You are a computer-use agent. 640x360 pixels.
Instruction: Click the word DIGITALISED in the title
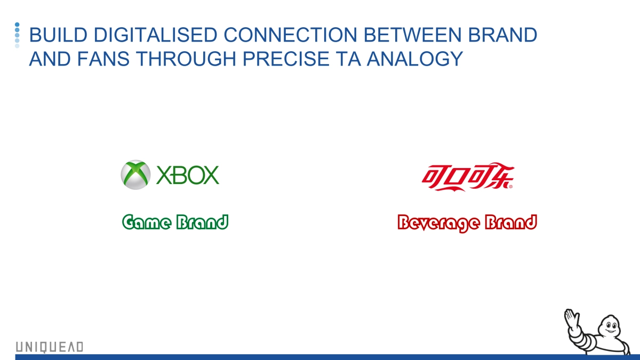155,35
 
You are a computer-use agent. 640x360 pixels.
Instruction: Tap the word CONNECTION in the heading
290,35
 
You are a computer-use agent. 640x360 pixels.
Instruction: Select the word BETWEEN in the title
412,35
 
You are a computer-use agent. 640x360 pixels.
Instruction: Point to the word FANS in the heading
103,59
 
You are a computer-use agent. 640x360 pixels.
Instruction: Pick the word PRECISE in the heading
286,59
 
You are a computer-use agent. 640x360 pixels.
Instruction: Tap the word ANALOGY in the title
414,59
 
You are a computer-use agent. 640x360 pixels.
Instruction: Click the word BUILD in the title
58,35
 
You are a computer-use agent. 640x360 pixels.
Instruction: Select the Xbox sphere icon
135,174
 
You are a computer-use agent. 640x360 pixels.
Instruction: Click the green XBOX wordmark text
188,175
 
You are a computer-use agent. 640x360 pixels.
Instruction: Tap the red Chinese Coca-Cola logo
468,177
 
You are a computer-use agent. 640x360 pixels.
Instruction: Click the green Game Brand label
175,222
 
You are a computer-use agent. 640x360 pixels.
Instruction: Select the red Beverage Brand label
467,223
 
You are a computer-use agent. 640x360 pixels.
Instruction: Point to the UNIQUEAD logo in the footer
50,347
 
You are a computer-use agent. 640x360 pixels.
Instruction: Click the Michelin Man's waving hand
571,318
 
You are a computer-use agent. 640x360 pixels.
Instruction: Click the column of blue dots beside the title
17,35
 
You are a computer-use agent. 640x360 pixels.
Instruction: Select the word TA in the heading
348,59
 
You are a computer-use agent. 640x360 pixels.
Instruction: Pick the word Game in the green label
146,222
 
